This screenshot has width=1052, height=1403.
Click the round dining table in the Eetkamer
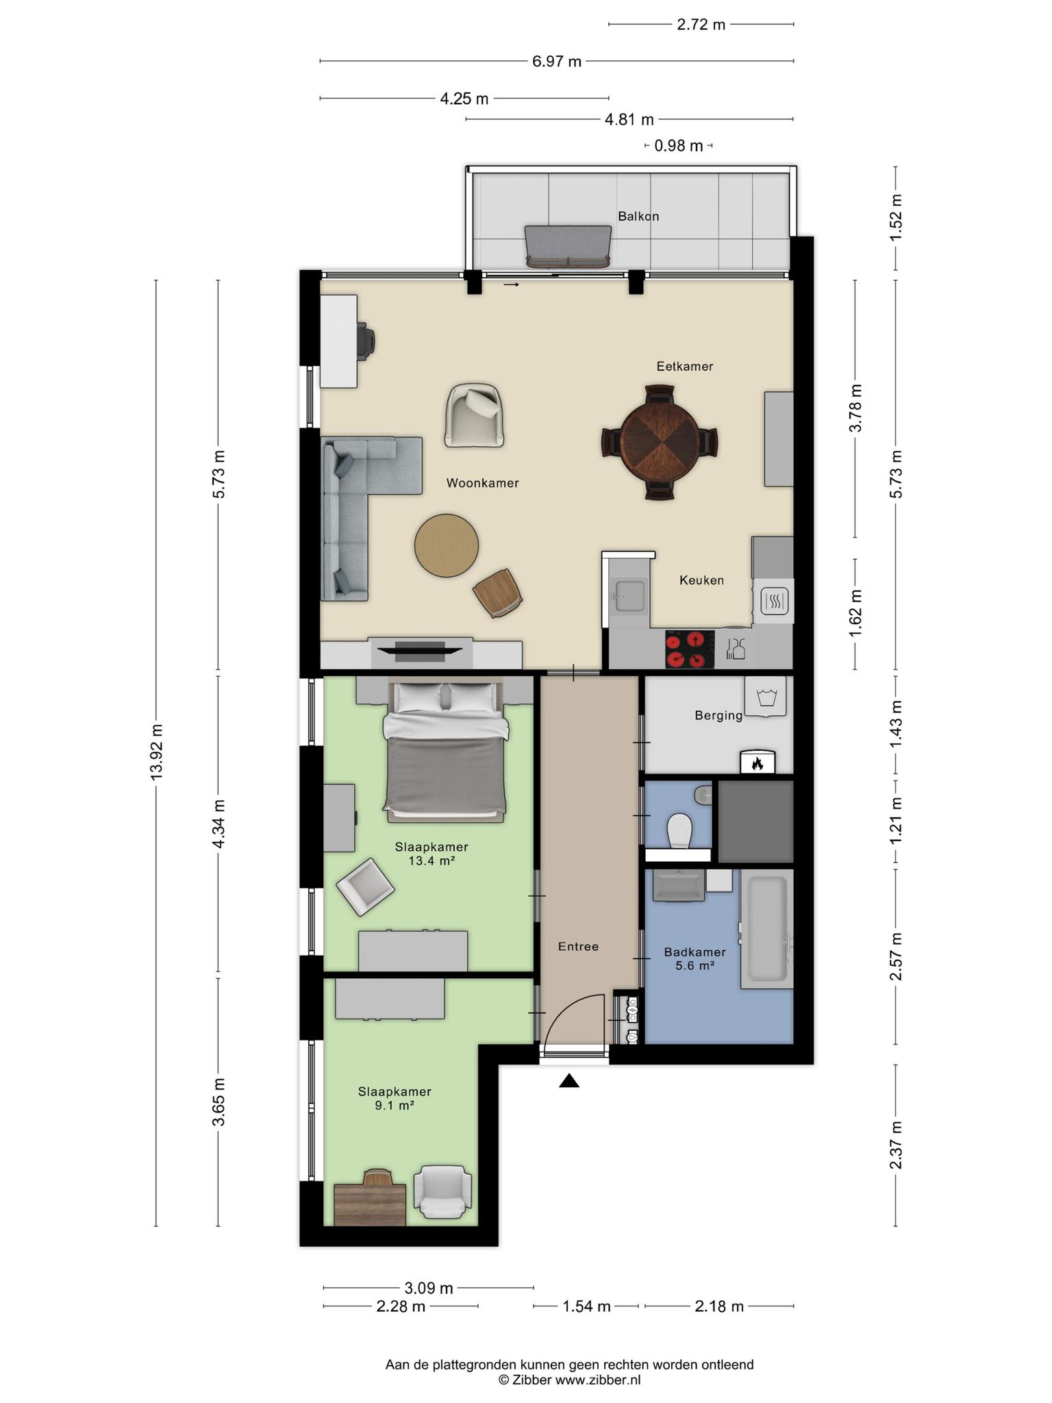point(660,443)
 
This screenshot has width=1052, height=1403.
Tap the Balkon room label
point(638,216)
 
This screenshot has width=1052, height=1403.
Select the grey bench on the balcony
point(568,247)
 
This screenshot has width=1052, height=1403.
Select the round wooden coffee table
point(447,545)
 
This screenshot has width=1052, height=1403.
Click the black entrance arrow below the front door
point(569,1080)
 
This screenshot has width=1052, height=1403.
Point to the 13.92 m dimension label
point(157,752)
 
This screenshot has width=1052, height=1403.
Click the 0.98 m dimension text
point(678,145)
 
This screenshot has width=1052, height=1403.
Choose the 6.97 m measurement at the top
point(557,61)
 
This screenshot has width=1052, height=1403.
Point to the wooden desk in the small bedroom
point(370,1204)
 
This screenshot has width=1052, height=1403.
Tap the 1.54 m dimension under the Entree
point(586,1306)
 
